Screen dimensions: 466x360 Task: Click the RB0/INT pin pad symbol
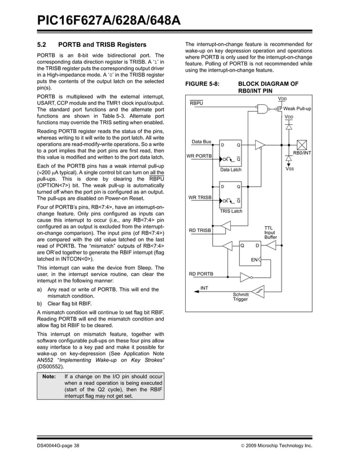click(302, 144)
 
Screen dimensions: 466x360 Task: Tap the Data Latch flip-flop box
click(230, 152)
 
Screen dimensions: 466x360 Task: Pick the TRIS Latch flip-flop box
click(230, 194)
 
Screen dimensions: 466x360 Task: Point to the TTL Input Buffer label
click(271, 232)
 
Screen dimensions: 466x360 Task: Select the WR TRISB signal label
click(200, 197)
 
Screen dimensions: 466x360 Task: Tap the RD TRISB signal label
click(200, 230)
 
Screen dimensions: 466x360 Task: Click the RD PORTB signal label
click(201, 274)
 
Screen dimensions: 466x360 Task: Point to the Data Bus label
click(202, 142)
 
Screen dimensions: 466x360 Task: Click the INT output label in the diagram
click(204, 288)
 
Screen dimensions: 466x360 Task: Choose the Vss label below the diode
click(289, 169)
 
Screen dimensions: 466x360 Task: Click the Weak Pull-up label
click(297, 108)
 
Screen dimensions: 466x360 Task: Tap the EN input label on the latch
click(254, 259)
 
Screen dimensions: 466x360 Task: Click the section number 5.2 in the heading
click(41, 45)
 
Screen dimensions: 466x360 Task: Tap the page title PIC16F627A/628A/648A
click(109, 21)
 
